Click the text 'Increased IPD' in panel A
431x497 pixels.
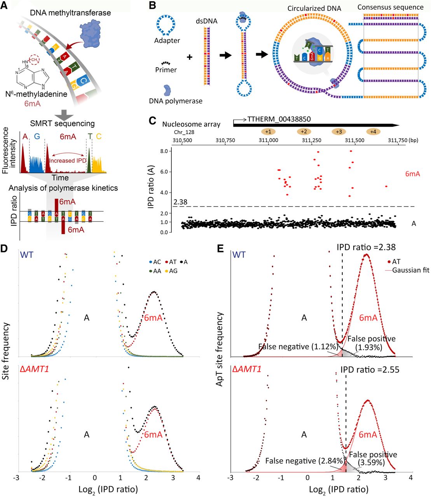coord(67,160)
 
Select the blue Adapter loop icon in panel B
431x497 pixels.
coord(166,25)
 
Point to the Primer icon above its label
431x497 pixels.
coord(166,62)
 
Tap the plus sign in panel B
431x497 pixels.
coord(190,57)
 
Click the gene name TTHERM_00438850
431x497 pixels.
coord(279,119)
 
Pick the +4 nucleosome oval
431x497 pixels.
coord(373,132)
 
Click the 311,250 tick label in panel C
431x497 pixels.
coord(311,140)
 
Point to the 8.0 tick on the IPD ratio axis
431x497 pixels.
coord(164,151)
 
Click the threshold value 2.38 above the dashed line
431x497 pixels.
coord(180,202)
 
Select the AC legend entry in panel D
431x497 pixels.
coord(155,262)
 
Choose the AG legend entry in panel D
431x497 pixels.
coord(171,271)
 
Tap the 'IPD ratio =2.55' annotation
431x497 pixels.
coord(370,369)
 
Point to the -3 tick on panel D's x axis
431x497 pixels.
coord(17,478)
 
